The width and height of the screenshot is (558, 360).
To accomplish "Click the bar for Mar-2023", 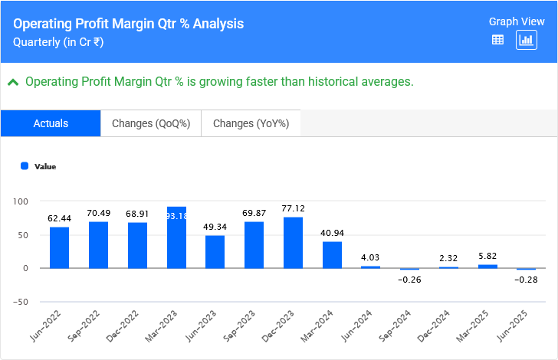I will [x=176, y=237].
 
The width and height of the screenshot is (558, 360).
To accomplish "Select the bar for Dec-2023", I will [x=293, y=243].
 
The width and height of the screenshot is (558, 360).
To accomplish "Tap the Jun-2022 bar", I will [x=60, y=247].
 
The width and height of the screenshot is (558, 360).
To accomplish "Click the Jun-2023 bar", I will [x=215, y=252].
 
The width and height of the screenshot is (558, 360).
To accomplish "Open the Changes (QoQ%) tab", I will [x=151, y=123].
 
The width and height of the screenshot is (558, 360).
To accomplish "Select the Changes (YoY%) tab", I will [x=251, y=123].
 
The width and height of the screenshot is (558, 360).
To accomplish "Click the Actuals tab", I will [x=51, y=123].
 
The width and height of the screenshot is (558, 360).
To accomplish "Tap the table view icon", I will [x=497, y=40].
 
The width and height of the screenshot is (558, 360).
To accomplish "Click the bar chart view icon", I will [x=527, y=40].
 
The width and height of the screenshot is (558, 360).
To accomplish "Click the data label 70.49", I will [x=99, y=213].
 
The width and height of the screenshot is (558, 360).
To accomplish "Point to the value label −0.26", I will [x=410, y=280].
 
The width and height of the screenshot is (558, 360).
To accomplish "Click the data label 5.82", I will [x=487, y=255].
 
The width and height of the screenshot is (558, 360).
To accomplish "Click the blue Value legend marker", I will [x=25, y=165].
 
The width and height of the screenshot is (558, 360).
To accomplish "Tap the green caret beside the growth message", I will [x=13, y=81].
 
